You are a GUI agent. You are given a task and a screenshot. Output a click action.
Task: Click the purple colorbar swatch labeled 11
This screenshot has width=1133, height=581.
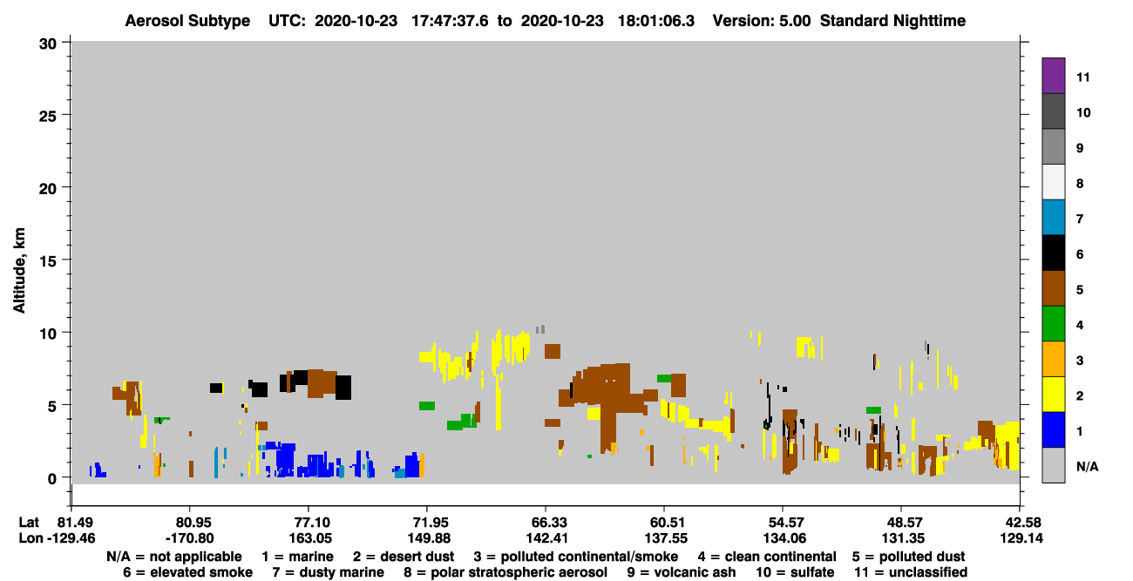(1053, 76)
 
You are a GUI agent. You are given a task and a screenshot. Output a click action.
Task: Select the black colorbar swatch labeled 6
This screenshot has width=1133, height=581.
(1053, 253)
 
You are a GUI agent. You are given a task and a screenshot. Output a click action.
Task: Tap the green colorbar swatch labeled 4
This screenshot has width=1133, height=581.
(1053, 324)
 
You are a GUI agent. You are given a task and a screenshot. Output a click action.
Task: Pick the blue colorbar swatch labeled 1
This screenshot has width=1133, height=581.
(1053, 429)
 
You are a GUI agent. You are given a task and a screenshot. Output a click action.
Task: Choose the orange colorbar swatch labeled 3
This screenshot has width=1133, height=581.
(1053, 359)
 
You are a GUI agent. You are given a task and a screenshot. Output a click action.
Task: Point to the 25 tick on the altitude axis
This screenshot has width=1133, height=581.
(48, 116)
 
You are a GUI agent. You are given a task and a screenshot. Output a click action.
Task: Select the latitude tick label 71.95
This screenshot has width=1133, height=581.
(428, 523)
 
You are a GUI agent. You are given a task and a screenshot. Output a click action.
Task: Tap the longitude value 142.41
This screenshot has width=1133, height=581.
(546, 538)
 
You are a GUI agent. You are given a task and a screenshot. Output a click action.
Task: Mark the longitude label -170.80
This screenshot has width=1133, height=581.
(190, 538)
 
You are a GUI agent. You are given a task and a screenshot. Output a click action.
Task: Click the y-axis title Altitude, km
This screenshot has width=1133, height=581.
(19, 270)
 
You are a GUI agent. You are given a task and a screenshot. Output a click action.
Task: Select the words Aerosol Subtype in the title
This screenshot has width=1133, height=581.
(187, 21)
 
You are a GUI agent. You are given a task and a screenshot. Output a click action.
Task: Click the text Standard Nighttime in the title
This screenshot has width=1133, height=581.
(892, 21)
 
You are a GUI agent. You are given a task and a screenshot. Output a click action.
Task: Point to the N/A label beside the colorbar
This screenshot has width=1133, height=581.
(1087, 466)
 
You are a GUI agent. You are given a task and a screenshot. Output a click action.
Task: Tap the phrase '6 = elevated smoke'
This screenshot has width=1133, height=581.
(187, 572)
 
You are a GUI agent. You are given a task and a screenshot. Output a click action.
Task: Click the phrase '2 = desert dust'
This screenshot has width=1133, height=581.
(404, 557)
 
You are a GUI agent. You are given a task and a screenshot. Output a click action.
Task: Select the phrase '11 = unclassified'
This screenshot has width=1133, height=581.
(911, 572)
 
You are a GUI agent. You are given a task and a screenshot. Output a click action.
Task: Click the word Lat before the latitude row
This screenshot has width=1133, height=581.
(29, 523)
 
